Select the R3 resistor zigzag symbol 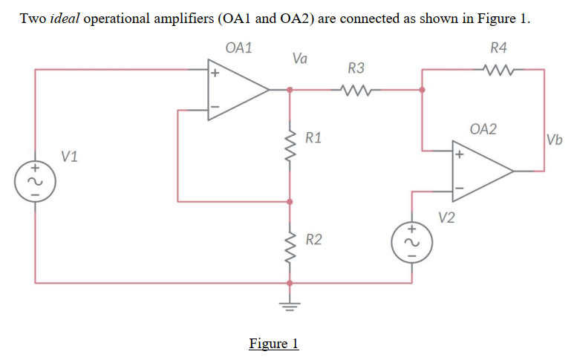356,90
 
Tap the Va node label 301,57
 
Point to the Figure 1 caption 273,343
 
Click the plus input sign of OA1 215,73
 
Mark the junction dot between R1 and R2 290,201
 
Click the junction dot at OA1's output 290,90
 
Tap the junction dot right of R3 423,90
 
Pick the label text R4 499,48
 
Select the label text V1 71,157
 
